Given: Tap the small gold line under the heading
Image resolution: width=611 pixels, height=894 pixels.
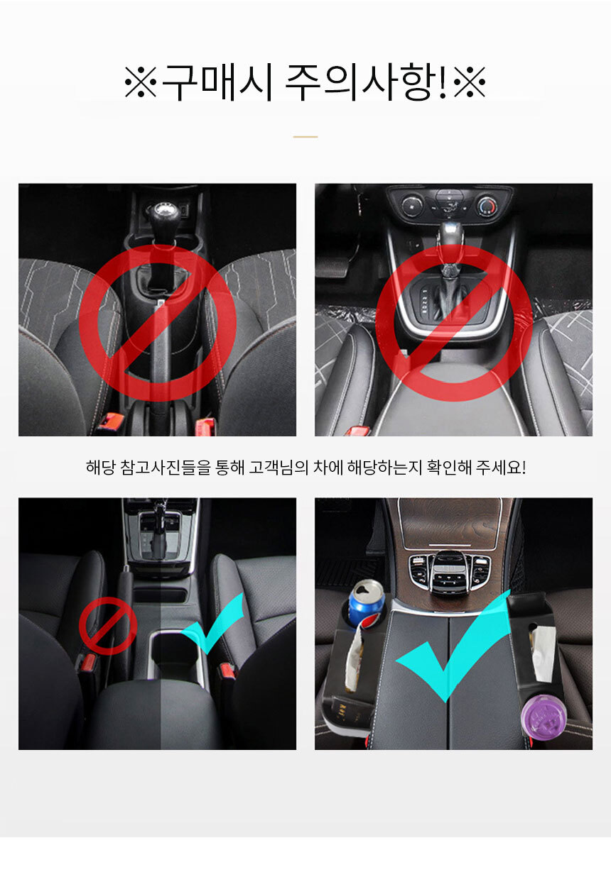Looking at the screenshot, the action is coord(305,137).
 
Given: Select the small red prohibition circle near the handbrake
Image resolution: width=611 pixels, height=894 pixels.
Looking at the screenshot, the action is coord(108,626).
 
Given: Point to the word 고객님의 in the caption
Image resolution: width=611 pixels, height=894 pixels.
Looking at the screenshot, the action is coord(279,468).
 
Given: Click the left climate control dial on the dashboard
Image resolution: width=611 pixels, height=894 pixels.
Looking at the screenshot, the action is coord(411,206).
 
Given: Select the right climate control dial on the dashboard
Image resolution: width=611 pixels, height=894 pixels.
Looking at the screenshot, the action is coord(487,206).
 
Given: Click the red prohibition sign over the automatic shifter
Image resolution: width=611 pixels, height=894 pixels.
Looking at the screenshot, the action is coord(453,322).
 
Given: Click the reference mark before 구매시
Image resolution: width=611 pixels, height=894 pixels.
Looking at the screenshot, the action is coord(141,82).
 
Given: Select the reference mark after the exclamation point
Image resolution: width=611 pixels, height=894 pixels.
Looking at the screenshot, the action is coord(470,82).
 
